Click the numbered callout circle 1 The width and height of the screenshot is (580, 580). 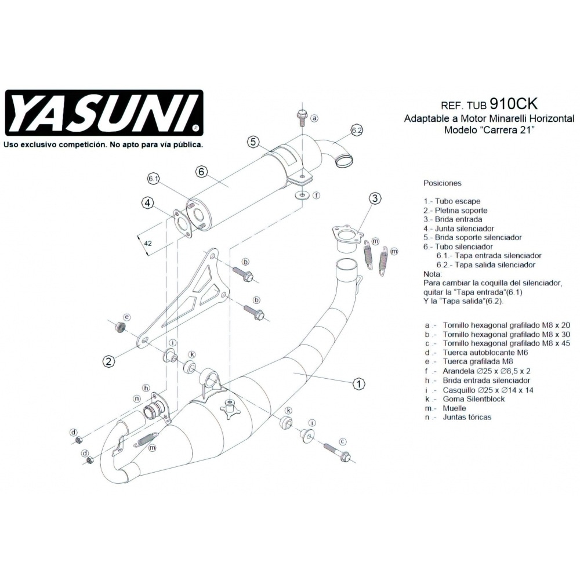[x=359, y=384]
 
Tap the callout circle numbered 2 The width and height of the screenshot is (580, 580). [x=108, y=361]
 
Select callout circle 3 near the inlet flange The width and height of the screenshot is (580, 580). [x=375, y=198]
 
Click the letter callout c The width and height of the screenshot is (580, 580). [x=342, y=441]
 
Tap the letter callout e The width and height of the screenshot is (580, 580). [x=126, y=317]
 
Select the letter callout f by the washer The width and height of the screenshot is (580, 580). [x=316, y=195]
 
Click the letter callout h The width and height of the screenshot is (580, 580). [x=146, y=387]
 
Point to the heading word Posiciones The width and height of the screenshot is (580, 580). [x=443, y=183]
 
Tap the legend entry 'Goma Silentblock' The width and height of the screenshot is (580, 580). [x=473, y=399]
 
